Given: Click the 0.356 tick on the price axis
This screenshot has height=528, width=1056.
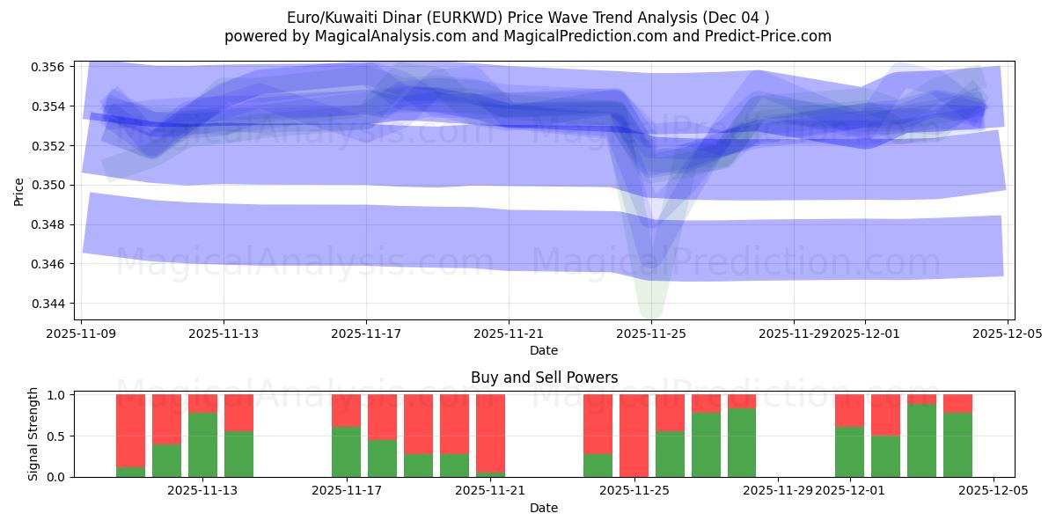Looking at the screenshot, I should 50,67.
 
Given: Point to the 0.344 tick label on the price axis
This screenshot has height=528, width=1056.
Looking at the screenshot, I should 50,304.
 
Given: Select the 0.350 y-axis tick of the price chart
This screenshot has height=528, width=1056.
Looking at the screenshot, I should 50,185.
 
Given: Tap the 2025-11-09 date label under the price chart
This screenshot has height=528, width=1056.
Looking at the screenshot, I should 82,334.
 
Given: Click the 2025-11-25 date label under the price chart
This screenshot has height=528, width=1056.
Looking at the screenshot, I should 650,334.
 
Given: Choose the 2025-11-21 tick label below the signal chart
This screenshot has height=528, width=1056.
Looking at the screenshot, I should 490,491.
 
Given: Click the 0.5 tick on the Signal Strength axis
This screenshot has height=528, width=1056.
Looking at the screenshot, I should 57,436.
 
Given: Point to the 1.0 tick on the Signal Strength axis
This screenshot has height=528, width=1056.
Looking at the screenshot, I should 57,395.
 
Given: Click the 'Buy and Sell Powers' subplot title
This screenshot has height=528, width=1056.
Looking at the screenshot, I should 544,378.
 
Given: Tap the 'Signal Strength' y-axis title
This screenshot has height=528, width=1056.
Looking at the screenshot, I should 33,434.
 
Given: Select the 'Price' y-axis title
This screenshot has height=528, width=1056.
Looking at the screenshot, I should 19,190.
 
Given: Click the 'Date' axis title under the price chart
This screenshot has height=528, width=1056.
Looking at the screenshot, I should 544,350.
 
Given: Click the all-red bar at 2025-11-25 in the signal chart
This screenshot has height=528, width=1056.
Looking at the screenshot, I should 634,436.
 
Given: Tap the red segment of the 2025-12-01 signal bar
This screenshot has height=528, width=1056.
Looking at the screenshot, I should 849,410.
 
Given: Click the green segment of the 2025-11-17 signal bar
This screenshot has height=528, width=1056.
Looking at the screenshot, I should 346,451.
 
